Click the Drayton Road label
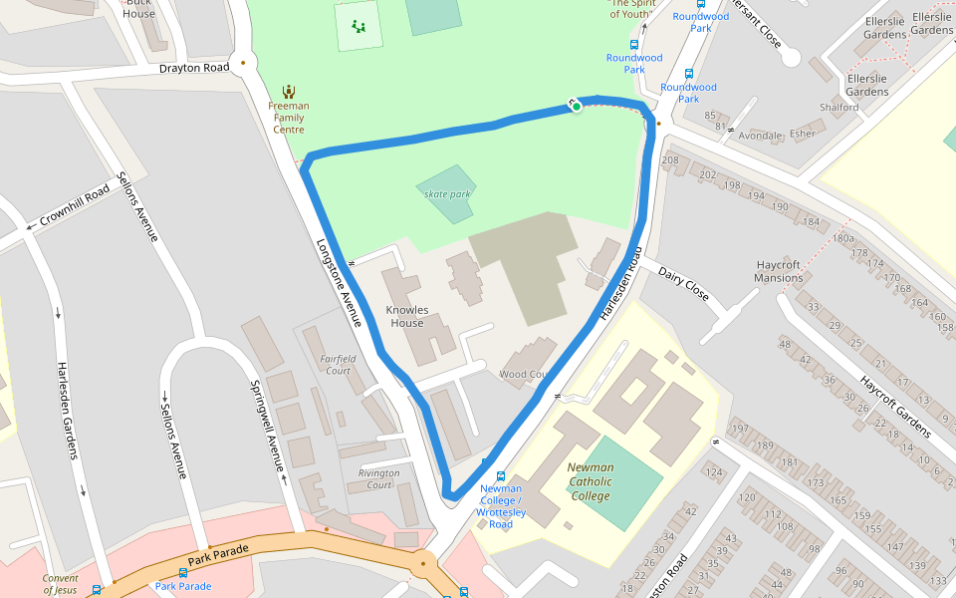point(193,69)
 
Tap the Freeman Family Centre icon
point(289,91)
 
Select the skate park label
point(446,194)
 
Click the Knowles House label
point(406,316)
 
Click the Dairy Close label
point(683,283)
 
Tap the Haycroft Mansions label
point(779,271)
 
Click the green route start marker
point(577,106)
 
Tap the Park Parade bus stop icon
point(182,573)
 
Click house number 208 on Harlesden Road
point(669,160)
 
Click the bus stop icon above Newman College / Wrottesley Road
point(500,476)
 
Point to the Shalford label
point(838,107)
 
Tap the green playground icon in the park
point(358,26)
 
